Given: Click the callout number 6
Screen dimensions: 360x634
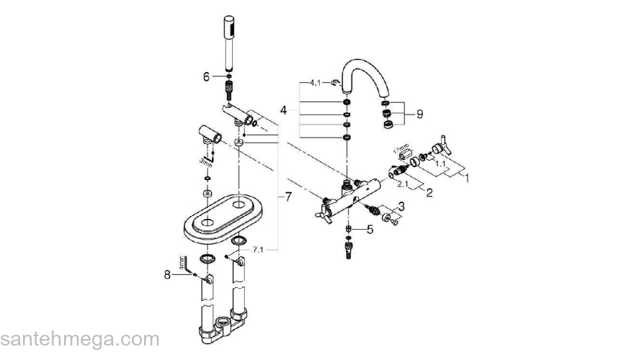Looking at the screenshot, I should point(206,76).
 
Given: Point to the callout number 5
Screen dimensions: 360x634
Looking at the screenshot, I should point(370,230).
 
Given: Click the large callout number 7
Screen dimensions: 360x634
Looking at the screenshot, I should point(288,197).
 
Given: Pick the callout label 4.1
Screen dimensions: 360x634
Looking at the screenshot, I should point(316,84).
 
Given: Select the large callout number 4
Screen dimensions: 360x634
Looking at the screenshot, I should point(285,110).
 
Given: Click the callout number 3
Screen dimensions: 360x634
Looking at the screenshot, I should point(401,207).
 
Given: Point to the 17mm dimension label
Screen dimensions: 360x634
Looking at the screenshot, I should point(398,150).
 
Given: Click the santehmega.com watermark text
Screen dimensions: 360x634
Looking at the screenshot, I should point(80,339).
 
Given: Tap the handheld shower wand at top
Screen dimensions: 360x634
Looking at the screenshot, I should point(230,43).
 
